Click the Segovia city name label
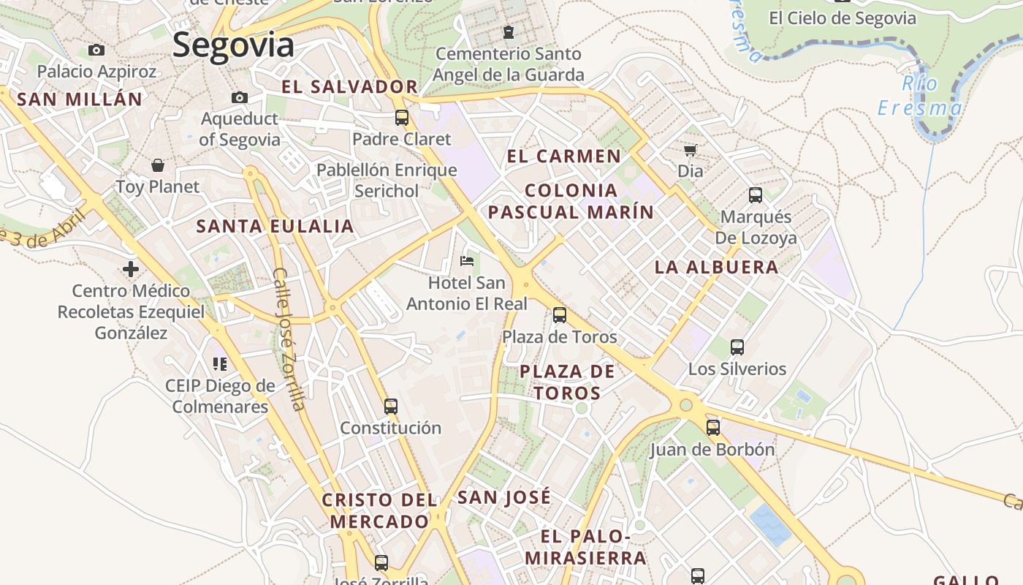click(x=233, y=45)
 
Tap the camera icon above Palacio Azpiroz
click(x=96, y=50)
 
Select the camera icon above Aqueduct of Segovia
click(x=239, y=97)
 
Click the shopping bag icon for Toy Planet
click(x=157, y=165)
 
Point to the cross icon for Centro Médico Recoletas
click(x=131, y=269)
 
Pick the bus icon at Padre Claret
click(x=401, y=117)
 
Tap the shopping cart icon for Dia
click(x=690, y=150)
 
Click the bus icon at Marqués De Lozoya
click(x=755, y=195)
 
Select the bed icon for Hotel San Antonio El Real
click(x=466, y=260)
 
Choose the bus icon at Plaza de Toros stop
click(x=559, y=315)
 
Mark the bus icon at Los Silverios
click(x=737, y=347)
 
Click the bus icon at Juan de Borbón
click(x=712, y=428)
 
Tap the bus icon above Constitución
click(x=391, y=406)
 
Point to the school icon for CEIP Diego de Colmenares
click(x=219, y=363)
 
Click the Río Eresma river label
click(x=919, y=96)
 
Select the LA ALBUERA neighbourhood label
click(x=716, y=267)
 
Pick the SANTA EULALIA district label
click(x=275, y=226)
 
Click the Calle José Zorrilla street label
click(x=288, y=339)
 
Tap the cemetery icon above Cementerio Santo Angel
click(x=508, y=32)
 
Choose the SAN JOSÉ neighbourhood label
click(x=503, y=498)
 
